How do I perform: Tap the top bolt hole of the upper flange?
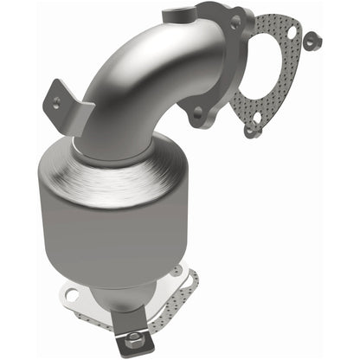[x=233, y=23]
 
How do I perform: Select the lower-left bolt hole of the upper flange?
[x=197, y=111]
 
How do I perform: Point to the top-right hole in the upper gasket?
[x=292, y=33]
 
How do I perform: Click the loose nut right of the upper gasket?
[x=314, y=39]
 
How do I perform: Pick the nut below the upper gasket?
[x=250, y=131]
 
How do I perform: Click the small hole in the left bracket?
[x=58, y=101]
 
